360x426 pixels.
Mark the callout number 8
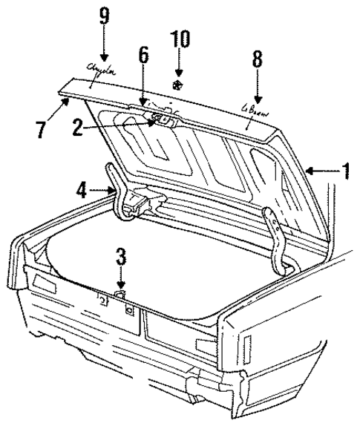coord(257,60)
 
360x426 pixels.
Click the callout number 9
coord(103,16)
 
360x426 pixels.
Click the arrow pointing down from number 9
coord(103,48)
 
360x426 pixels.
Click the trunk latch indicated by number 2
coord(160,117)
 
